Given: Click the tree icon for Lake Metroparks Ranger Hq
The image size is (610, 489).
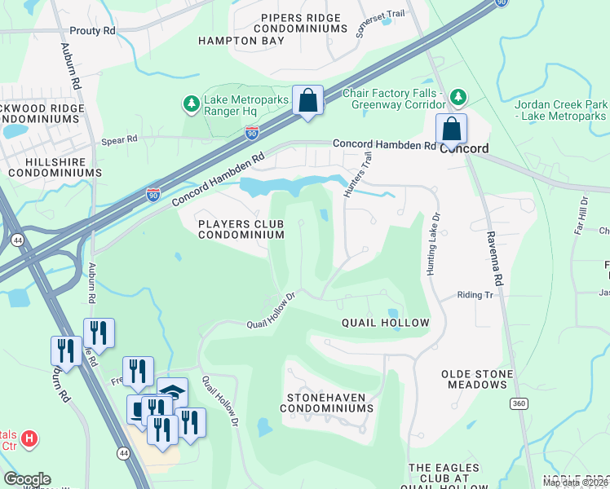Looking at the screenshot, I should click(x=191, y=104).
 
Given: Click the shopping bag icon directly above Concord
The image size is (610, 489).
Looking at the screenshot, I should click(x=451, y=128).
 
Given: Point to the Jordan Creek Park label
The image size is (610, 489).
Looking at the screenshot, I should click(x=561, y=111).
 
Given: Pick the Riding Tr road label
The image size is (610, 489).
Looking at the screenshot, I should click(x=475, y=294).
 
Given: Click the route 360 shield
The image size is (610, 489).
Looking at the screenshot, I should click(x=519, y=403).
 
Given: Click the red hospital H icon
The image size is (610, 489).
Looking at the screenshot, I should click(x=29, y=439).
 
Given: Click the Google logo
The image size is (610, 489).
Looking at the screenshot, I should click(x=27, y=479).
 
